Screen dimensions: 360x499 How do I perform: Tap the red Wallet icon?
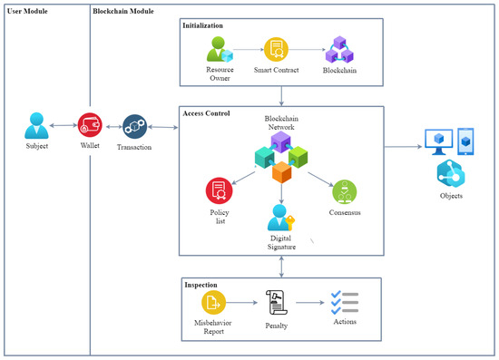[89, 124]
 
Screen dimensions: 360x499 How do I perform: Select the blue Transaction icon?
[134, 126]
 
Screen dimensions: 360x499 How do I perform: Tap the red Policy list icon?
[219, 190]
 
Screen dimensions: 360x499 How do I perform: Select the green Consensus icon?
[343, 191]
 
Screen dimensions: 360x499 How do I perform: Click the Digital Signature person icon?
[281, 219]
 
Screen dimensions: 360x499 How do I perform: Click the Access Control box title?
[206, 114]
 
